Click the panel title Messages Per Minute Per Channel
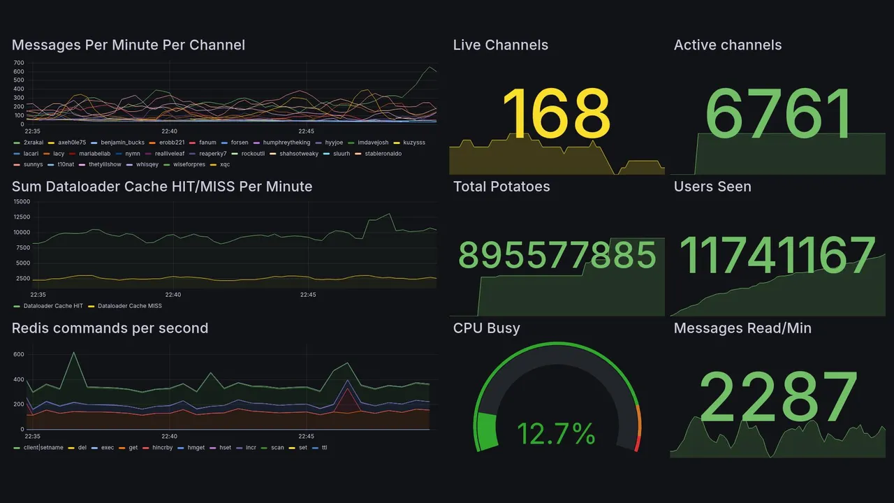(129, 45)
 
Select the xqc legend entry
(224, 165)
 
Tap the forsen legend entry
(240, 143)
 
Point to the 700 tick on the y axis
(19, 62)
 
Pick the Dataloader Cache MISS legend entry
(129, 306)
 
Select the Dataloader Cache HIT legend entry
(52, 306)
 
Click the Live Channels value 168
(556, 113)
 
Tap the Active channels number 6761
(779, 113)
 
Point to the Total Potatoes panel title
(501, 187)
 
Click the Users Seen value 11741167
(777, 255)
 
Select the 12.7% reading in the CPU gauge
(556, 434)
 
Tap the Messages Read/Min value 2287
(779, 397)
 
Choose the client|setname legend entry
(43, 448)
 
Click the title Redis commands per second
(110, 328)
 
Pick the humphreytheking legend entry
(286, 143)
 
